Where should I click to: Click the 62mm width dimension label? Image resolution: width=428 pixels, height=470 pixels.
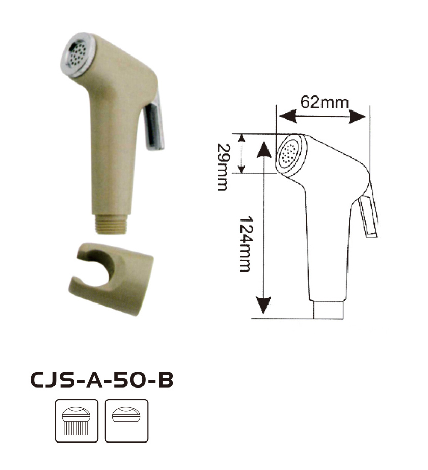[x=325, y=103]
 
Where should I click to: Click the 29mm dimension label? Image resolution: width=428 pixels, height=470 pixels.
[x=223, y=167]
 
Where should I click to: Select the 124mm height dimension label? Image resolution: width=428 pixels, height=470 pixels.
[x=247, y=244]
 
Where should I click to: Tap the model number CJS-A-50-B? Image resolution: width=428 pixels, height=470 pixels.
[x=102, y=380]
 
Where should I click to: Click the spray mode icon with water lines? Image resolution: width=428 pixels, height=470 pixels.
[x=76, y=421]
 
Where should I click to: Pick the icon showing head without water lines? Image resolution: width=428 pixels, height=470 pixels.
[x=126, y=421]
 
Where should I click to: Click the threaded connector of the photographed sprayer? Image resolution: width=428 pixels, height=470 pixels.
[x=113, y=224]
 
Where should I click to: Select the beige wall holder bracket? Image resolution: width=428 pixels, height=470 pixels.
[x=111, y=279]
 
